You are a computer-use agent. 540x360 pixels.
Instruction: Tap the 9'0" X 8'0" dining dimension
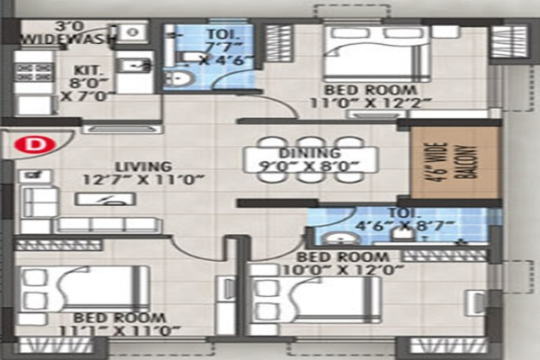click(x=306, y=166)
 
